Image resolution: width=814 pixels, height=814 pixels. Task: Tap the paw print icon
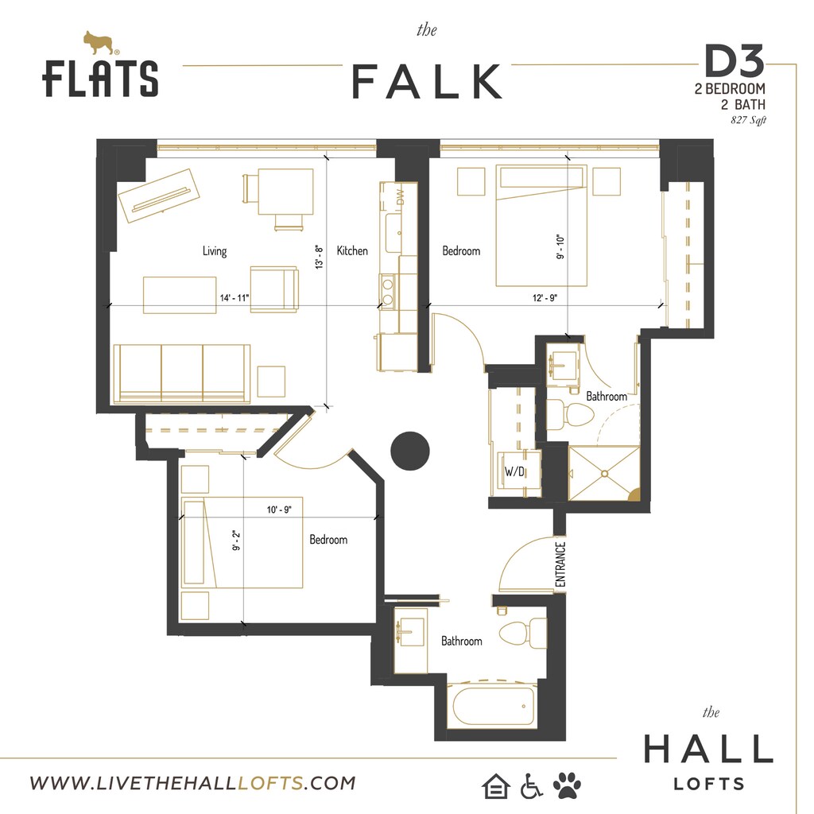[x=567, y=785]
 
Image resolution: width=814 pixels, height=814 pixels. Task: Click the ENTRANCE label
[x=560, y=565]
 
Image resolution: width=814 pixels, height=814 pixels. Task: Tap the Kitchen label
[x=352, y=251]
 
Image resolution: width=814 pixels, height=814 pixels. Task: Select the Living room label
[x=215, y=251]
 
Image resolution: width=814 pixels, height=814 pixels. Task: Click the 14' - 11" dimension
[x=235, y=298]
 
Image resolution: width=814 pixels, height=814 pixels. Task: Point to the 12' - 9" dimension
[x=545, y=298]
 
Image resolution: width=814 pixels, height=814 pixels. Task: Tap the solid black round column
[x=410, y=451]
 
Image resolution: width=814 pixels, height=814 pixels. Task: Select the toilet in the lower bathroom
[x=521, y=633]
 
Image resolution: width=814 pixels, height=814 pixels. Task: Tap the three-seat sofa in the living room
[x=182, y=373]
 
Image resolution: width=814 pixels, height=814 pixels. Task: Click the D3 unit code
[x=733, y=61]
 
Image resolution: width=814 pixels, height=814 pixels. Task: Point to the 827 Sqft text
[x=747, y=121]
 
